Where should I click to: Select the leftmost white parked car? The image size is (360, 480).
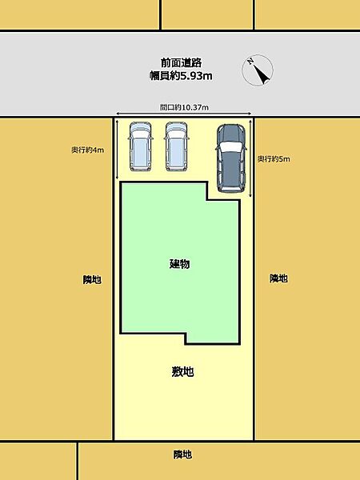pos(141,146)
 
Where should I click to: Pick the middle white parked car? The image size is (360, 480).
pos(177,146)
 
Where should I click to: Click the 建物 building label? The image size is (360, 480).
pos(179,264)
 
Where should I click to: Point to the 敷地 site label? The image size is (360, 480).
pos(182,372)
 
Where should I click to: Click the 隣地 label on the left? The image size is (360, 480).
pos(92,279)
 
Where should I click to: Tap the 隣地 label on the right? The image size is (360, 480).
pos(278,278)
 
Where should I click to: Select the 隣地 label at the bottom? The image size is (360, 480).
pos(182,454)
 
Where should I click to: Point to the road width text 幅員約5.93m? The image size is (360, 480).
pos(180,76)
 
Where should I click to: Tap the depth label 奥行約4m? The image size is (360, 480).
pos(87,150)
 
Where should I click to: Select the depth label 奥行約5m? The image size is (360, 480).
pos(274,159)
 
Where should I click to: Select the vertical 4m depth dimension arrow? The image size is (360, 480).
pos(117,148)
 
